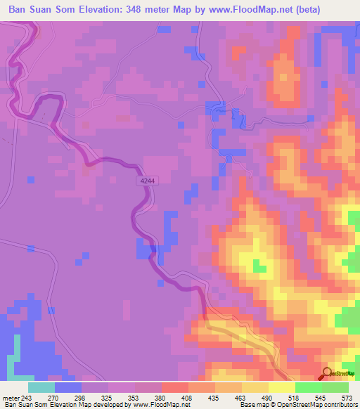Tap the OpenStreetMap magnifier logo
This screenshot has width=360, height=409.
point(328,373)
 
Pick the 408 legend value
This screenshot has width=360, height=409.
point(186,397)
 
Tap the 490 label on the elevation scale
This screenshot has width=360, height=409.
point(267,397)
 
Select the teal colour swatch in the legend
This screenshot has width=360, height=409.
point(41,387)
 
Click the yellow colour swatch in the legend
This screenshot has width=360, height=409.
point(281,387)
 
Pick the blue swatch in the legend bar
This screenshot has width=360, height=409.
point(68,387)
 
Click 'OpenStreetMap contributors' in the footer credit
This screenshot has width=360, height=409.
point(323,405)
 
